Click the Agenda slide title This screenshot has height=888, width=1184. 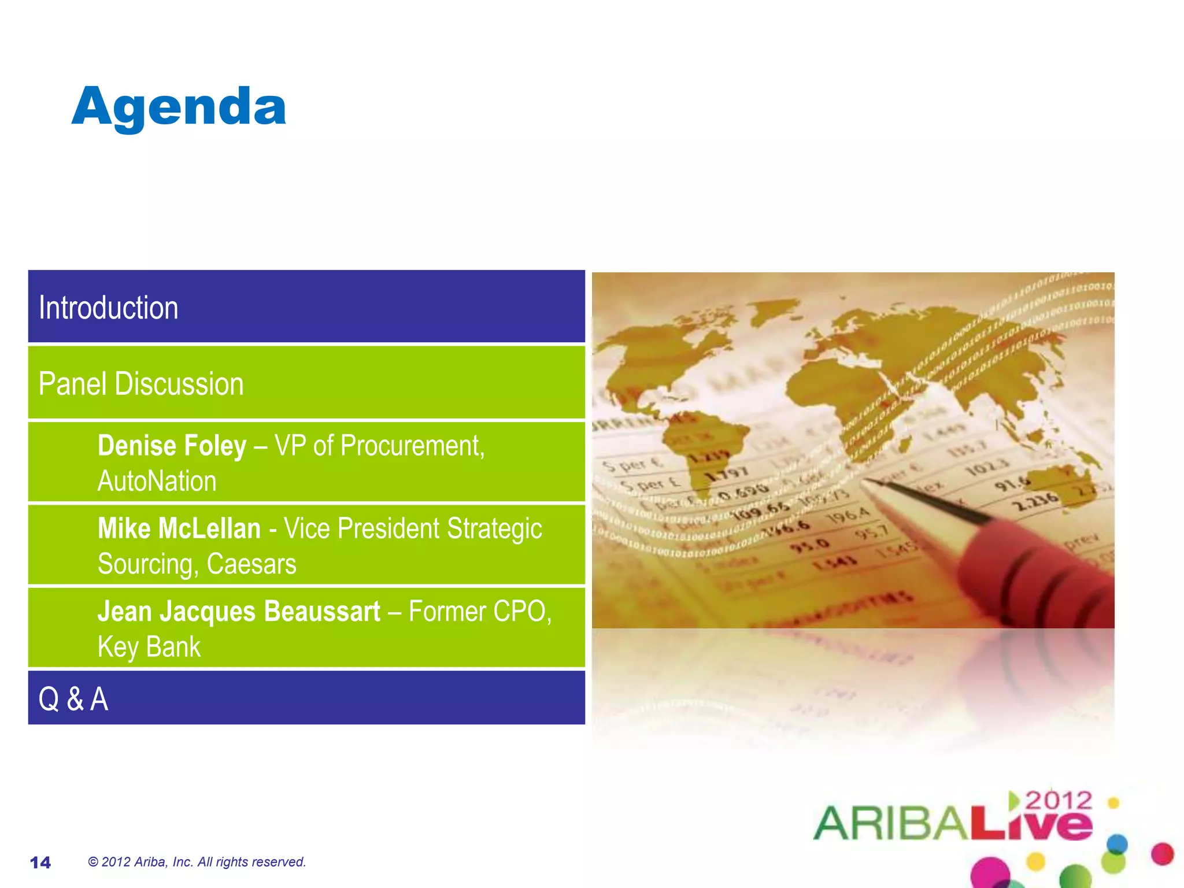tap(179, 108)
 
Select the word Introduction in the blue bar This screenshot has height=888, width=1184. tap(108, 308)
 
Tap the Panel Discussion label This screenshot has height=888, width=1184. tap(141, 384)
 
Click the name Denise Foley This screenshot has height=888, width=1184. tap(172, 446)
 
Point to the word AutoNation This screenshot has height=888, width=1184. tap(157, 481)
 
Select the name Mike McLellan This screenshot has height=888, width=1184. tap(179, 528)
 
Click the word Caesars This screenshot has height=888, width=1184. tap(251, 564)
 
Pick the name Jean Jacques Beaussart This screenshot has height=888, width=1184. tap(239, 612)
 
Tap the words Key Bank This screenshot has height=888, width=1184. tap(149, 647)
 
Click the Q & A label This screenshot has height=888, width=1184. tap(73, 698)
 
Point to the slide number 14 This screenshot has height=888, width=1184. tap(40, 863)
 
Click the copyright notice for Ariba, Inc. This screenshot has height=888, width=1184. tap(197, 862)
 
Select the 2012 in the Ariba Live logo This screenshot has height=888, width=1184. tap(1059, 801)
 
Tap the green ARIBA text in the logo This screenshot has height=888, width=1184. tap(890, 823)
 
